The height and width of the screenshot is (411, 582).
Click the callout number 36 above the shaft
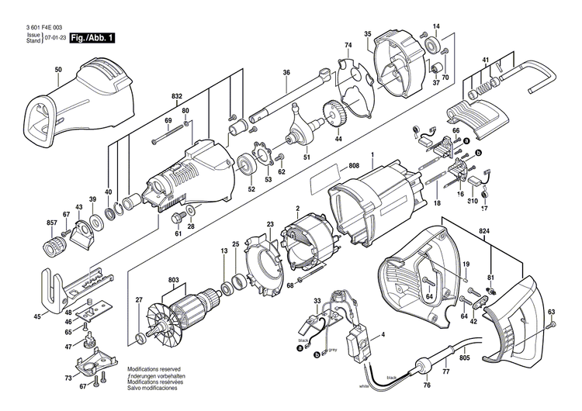pyautogui.click(x=286, y=73)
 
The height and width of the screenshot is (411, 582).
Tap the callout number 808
pyautogui.click(x=354, y=165)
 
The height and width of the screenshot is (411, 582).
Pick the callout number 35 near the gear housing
pyautogui.click(x=368, y=33)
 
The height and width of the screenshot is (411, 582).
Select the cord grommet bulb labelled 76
pyautogui.click(x=425, y=367)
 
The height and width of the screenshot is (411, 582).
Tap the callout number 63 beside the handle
pyautogui.click(x=552, y=313)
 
